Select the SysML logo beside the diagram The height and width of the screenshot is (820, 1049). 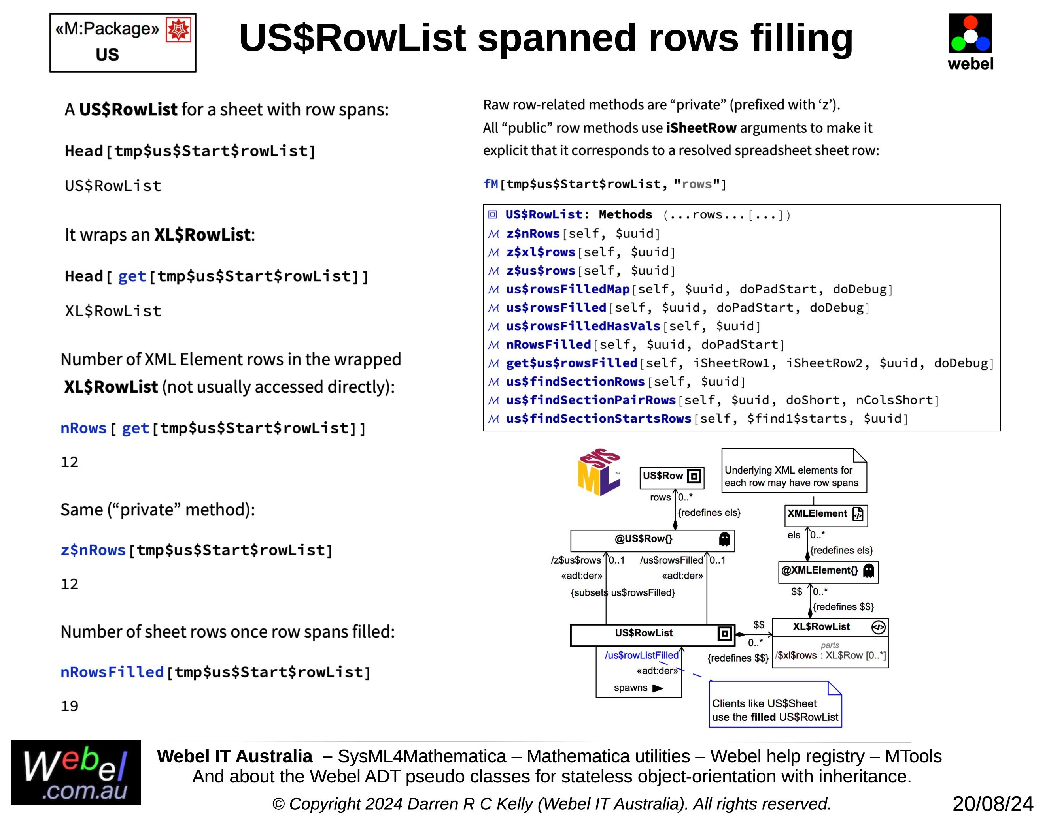599,472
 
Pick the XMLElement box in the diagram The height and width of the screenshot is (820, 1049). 826,514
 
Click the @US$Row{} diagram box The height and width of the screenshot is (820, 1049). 652,540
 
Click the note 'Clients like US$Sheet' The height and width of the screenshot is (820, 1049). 775,710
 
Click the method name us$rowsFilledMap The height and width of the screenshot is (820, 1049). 567,289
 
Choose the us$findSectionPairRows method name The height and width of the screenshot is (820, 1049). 591,400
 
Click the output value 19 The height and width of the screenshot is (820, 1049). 70,706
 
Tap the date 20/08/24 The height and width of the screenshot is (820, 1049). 992,804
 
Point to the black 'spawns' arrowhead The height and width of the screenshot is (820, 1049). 658,688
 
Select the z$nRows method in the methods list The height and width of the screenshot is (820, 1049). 533,234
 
